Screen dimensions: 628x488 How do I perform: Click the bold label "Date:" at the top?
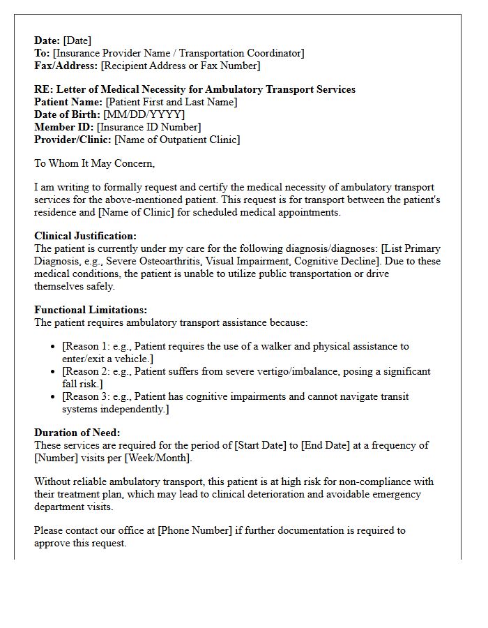(47, 40)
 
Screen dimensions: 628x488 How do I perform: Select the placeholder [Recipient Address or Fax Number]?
(181, 66)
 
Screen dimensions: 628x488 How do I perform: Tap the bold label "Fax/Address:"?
(66, 66)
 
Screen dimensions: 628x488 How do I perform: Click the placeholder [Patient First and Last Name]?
(171, 102)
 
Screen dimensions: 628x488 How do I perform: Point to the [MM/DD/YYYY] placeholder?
(144, 114)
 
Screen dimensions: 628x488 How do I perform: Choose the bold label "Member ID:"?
(64, 127)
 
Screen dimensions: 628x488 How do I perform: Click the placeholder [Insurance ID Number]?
(149, 127)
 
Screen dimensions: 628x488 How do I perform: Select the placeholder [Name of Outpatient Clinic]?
(177, 140)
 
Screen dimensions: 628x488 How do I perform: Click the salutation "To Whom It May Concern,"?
(95, 163)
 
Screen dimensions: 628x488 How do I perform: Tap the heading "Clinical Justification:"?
(85, 236)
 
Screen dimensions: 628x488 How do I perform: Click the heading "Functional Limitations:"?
(91, 310)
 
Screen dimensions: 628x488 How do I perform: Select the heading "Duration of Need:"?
(77, 433)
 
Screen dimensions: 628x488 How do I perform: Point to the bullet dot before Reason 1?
(54, 347)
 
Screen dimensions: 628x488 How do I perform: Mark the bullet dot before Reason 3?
(54, 397)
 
